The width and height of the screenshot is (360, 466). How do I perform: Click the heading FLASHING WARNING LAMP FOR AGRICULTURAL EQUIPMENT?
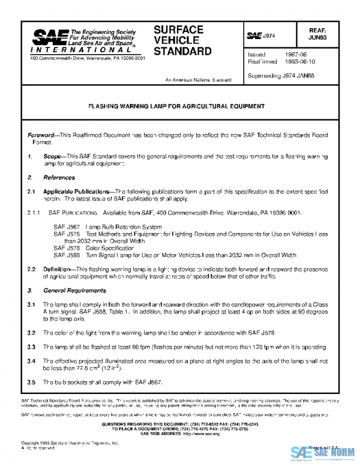click(176, 106)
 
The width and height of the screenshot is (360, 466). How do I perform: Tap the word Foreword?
click(44, 136)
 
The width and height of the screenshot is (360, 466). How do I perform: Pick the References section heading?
click(59, 178)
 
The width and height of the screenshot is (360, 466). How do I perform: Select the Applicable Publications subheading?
click(77, 190)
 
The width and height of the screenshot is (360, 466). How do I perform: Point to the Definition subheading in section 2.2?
click(58, 269)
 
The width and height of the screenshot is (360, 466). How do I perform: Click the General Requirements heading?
click(74, 291)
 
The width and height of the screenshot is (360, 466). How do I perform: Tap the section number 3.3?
click(31, 347)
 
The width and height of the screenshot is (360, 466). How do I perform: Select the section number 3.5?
click(31, 383)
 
